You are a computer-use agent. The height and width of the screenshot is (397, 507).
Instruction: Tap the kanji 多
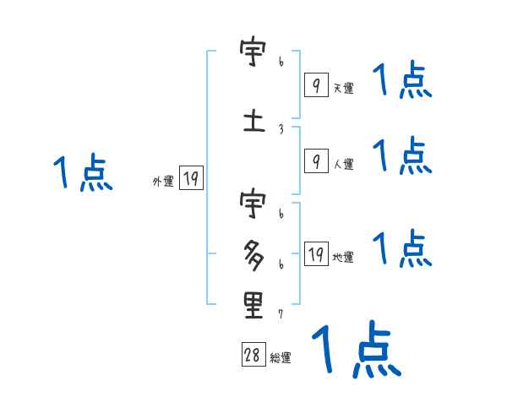pos(253,253)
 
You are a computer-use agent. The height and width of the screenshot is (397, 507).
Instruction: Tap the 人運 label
pos(343,164)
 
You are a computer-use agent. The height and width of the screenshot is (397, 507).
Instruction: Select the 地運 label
pos(343,257)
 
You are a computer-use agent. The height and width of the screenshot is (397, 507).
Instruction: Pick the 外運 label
pos(162,181)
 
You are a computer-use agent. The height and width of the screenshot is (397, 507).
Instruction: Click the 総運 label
pos(281,357)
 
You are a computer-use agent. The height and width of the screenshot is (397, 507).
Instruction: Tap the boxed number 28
pos(253,356)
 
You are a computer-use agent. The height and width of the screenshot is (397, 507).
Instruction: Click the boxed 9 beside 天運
pos(316,85)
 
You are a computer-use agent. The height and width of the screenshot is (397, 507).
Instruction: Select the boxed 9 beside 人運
pos(316,161)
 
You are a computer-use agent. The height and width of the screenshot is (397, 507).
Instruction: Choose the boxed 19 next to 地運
pos(316,254)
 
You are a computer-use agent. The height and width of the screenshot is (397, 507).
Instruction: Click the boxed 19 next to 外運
pos(191,178)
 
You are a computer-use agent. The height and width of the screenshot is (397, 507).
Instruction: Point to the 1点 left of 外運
pos(82,173)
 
